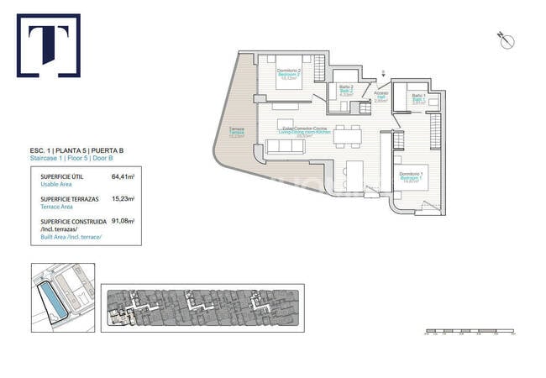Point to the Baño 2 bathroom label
(x=345, y=91)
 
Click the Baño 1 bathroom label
(x=417, y=99)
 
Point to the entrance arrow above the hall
(x=384, y=73)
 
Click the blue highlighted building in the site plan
(x=54, y=296)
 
